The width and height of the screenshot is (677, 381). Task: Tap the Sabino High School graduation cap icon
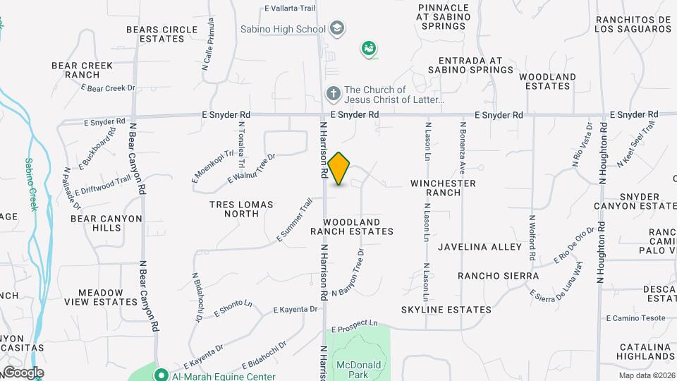click(337, 29)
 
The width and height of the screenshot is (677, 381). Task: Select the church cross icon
click(333, 93)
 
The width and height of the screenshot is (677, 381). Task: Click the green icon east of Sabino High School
click(368, 49)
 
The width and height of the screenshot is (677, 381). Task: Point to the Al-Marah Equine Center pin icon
click(161, 375)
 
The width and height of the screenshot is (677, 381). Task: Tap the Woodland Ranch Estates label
click(352, 226)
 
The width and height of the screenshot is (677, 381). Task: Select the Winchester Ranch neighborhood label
click(443, 188)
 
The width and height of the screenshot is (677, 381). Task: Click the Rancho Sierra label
click(498, 276)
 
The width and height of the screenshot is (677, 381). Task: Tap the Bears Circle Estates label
click(161, 34)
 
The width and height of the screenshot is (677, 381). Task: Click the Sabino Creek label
click(31, 184)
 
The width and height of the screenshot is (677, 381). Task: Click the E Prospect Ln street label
click(353, 326)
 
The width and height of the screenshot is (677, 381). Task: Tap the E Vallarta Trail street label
click(289, 8)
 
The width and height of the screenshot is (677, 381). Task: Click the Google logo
click(23, 372)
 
